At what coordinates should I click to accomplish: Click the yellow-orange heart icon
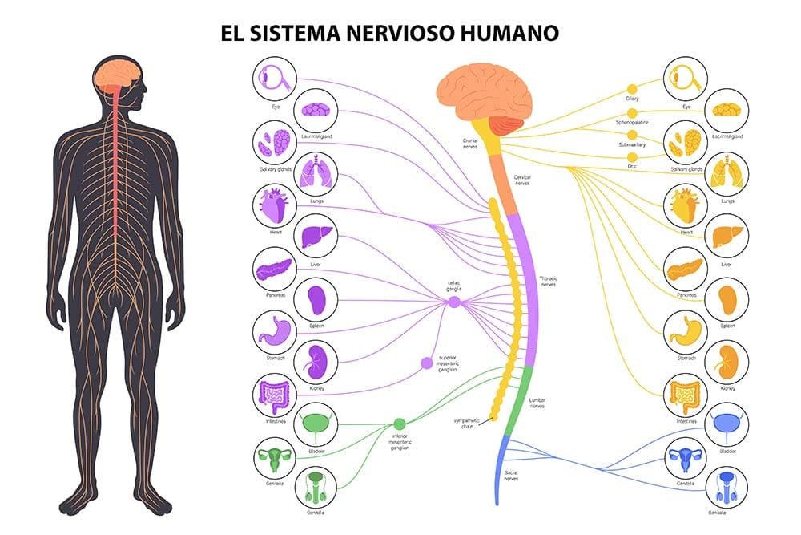686,205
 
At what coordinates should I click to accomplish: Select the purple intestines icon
275,394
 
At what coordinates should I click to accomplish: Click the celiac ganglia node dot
454,302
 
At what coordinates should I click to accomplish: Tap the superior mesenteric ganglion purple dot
427,363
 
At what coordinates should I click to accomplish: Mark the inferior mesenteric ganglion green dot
399,424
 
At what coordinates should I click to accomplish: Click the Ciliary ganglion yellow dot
632,88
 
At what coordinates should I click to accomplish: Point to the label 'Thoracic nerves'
549,281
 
